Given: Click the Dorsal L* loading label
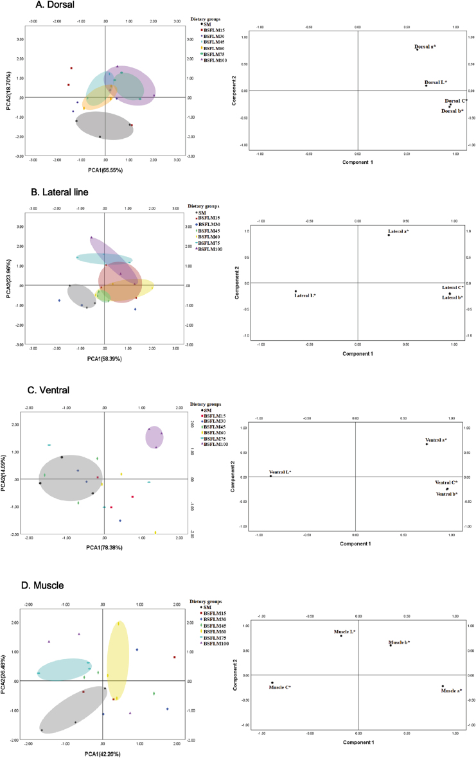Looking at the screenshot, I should pyautogui.click(x=437, y=83).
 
